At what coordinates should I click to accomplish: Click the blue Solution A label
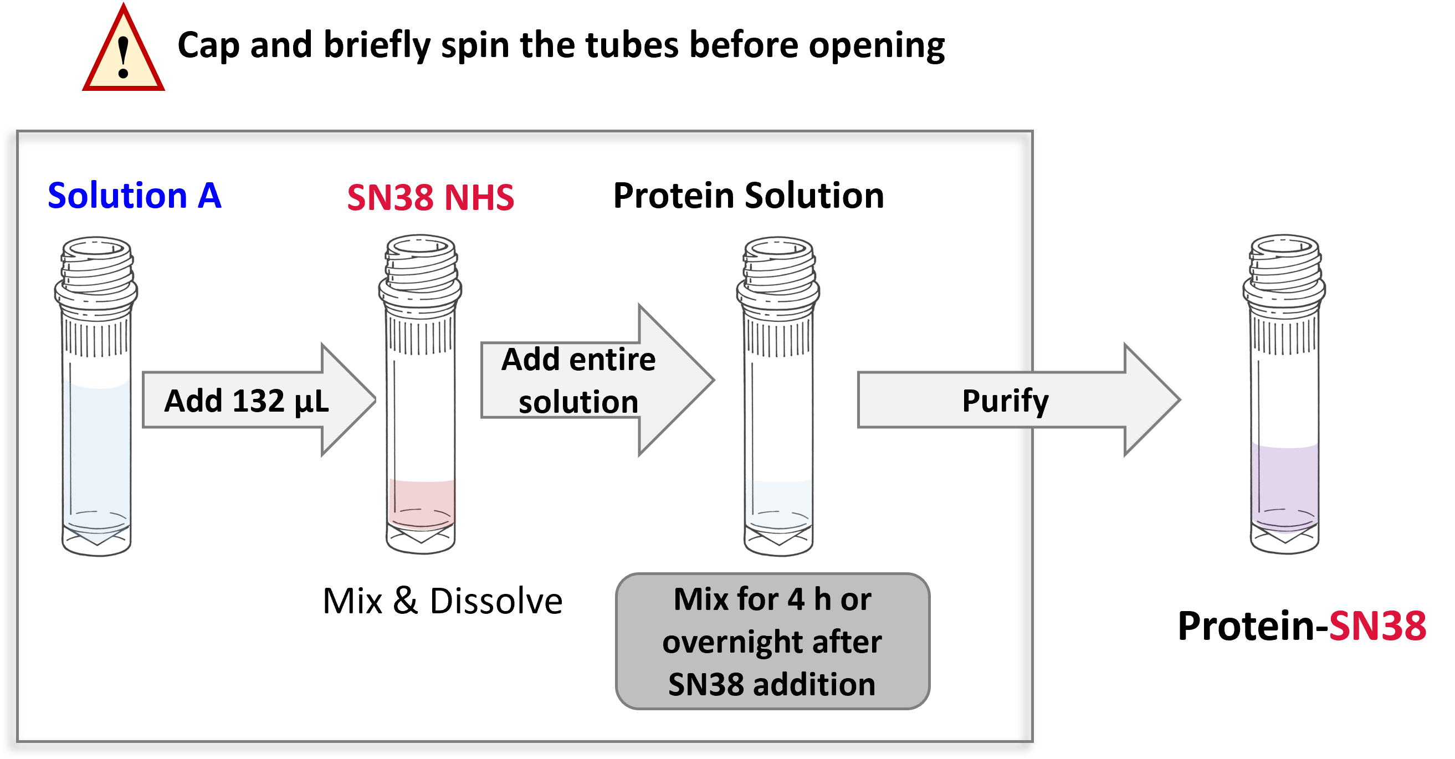point(135,196)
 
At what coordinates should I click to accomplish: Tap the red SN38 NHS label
point(431,198)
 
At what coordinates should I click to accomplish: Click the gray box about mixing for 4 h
point(772,641)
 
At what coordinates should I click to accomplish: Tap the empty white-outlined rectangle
point(443,600)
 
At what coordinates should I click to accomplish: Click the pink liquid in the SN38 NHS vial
point(421,502)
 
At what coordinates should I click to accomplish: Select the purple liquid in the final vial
point(1284,486)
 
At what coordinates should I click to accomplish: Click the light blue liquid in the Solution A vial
point(96,452)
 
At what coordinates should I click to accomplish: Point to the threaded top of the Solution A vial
point(96,265)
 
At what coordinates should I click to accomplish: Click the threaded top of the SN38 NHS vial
point(420,263)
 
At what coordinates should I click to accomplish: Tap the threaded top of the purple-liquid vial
point(1284,263)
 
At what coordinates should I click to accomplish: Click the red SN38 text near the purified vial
point(1377,626)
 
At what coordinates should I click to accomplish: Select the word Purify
point(1006,401)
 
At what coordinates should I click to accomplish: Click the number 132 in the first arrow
point(258,401)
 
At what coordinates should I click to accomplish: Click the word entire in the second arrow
point(613,360)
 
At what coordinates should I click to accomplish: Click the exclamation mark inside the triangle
point(123,57)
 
